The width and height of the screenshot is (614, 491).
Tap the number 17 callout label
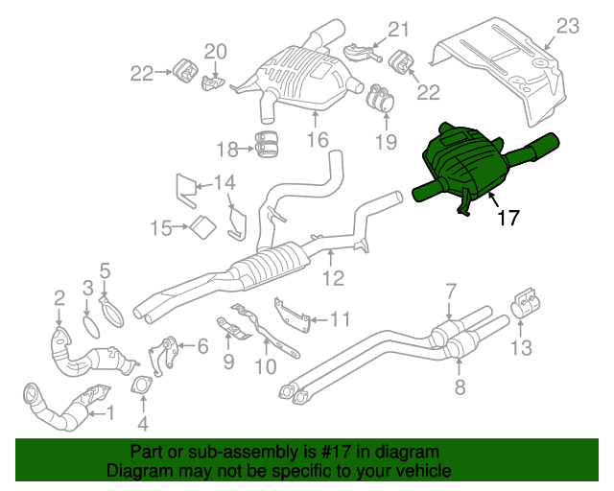(508, 219)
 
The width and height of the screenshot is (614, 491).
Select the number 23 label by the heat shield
(569, 26)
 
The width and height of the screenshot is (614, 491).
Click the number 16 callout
(317, 141)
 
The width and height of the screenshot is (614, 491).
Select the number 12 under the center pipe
(332, 280)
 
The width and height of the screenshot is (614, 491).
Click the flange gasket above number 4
(143, 386)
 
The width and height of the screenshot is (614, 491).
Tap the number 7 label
(450, 292)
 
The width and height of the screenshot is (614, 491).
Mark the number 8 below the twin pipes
(460, 387)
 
